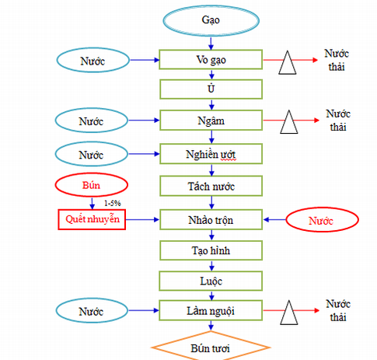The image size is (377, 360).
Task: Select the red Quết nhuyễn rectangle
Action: coord(92,219)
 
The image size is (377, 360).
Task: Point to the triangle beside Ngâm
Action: coord(289,123)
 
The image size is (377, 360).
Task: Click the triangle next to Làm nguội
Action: coord(289,313)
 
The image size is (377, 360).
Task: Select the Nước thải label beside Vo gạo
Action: coord(337,60)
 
